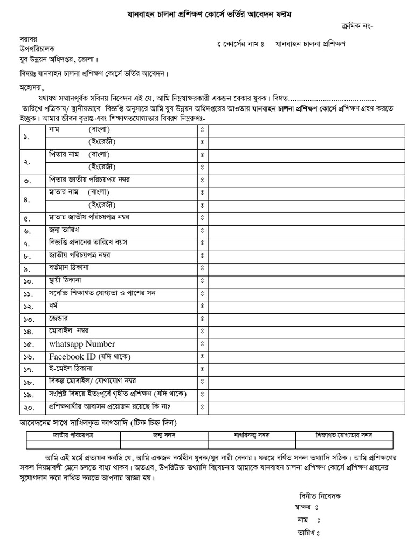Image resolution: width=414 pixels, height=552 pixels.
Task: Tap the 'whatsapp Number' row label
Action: click(x=82, y=344)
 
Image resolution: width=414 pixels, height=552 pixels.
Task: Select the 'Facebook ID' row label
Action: click(x=90, y=356)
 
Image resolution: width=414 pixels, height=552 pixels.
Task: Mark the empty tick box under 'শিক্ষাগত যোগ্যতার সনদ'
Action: click(x=344, y=444)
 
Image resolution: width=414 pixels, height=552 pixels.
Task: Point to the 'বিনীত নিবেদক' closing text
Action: click(x=320, y=496)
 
